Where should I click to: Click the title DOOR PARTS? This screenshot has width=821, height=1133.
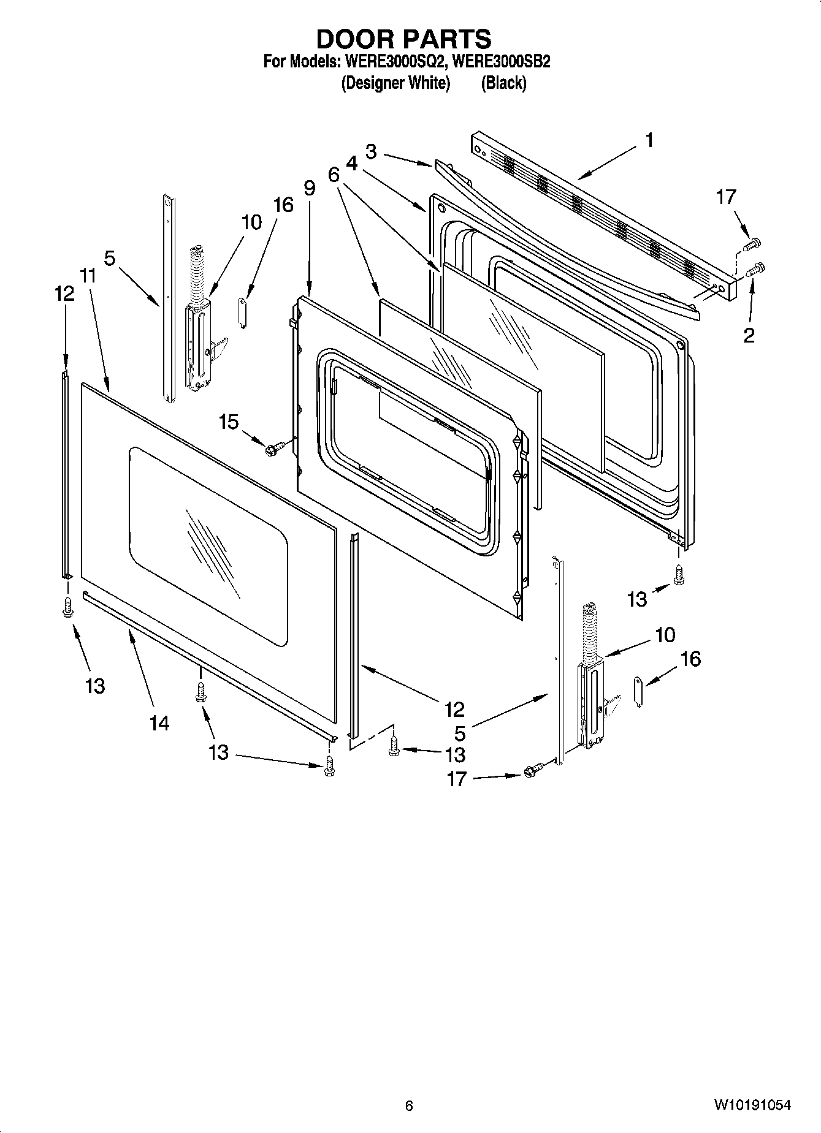point(403,39)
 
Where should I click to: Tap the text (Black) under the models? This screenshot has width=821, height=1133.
point(503,83)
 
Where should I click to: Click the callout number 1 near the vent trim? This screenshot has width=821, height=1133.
point(649,140)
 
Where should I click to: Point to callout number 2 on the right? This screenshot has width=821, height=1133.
point(749,335)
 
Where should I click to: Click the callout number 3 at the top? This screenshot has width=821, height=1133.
point(371,151)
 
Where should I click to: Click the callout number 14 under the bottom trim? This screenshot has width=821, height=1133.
point(159,723)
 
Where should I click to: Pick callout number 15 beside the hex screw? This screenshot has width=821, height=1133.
point(229,422)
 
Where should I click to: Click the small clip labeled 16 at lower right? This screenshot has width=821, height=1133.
point(638,691)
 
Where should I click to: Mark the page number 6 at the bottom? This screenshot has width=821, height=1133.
point(409,1105)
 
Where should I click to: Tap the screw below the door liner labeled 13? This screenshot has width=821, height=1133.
point(678,574)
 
